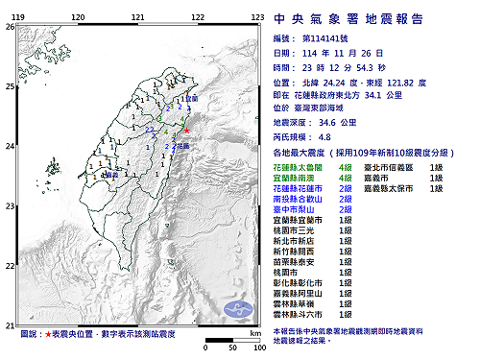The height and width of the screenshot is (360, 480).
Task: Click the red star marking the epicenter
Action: click(x=186, y=131)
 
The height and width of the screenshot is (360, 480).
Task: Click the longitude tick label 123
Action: click(x=257, y=18)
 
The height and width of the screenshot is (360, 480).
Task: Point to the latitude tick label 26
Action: click(x=10, y=27)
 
